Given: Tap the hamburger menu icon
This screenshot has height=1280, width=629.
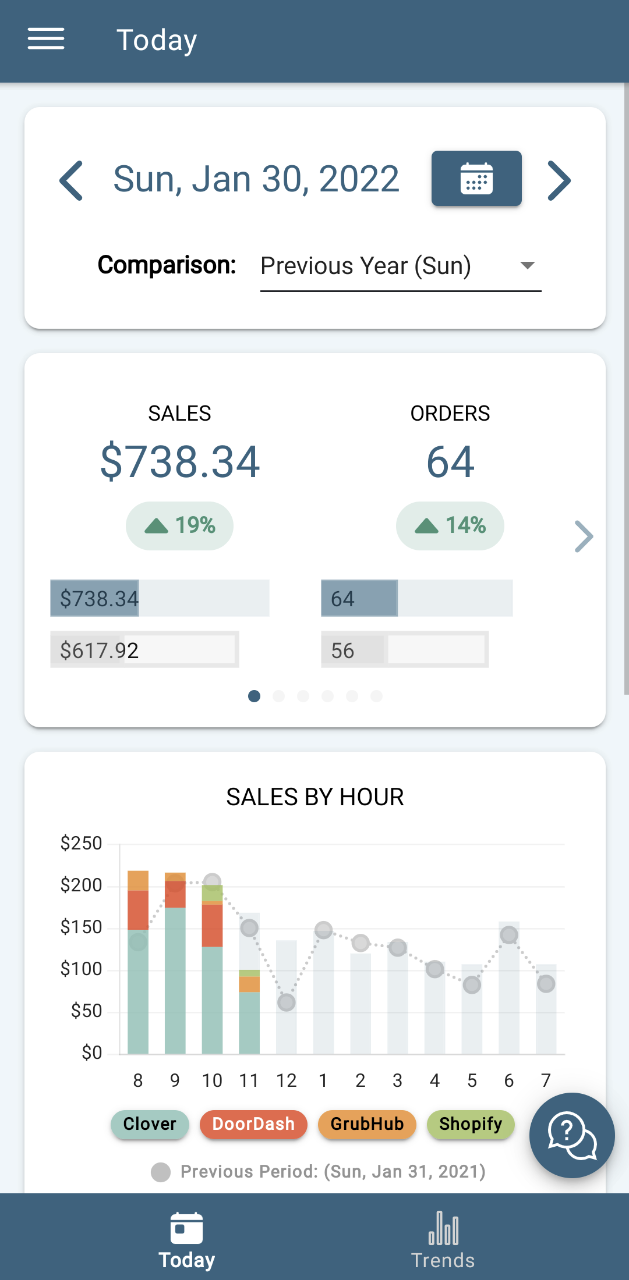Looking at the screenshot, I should point(46,39).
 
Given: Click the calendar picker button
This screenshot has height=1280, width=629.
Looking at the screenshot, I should point(476,178).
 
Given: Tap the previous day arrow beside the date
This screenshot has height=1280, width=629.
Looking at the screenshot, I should point(72,180).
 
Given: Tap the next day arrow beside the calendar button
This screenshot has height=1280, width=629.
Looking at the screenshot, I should point(559,180).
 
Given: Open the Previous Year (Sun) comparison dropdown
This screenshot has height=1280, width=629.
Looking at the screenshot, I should point(401,266).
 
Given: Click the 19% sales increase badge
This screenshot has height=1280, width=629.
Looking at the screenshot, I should point(179,525).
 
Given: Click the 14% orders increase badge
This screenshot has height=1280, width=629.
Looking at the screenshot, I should point(450,525).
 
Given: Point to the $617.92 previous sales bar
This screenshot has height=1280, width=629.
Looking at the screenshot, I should point(144,649).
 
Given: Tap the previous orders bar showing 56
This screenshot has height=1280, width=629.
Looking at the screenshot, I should point(404,649).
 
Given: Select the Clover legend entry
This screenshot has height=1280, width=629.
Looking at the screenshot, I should point(150,1123).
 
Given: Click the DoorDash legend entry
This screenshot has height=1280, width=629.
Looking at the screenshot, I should point(253,1123).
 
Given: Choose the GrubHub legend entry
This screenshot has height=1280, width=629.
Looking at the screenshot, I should point(367,1123).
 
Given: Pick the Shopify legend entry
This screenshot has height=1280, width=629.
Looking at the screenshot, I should point(471,1123).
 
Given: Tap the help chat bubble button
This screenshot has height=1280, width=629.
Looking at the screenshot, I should point(571,1135).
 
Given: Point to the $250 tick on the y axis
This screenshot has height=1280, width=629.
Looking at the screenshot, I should point(81,843).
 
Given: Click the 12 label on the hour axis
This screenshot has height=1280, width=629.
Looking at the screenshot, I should point(286,1080).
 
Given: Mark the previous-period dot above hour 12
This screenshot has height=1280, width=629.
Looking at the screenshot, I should point(286,1002).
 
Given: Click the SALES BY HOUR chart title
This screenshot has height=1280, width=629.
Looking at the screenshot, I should point(314,797).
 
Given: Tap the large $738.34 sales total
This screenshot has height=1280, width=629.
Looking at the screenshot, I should point(179,461).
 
